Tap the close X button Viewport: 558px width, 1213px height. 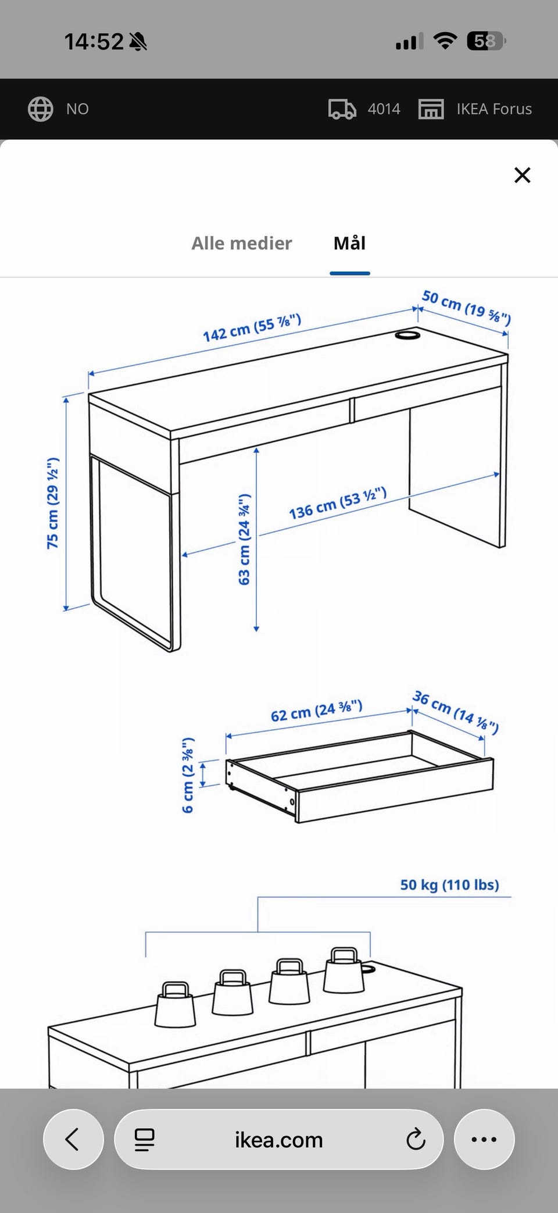coord(523,175)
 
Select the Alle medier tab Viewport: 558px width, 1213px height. coord(242,243)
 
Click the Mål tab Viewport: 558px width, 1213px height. coord(349,242)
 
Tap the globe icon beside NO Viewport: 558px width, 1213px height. coord(41,109)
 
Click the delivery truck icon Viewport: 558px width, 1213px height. coord(342,109)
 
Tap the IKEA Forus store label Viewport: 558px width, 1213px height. coord(494,109)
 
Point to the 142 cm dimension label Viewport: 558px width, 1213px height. coord(252,328)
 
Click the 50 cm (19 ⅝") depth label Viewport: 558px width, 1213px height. coord(466,307)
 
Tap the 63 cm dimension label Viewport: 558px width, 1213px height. coord(244,540)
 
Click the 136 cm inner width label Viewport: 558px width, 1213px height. coord(338,504)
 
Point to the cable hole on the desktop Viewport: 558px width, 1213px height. coord(407,336)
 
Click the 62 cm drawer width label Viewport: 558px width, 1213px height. coord(317,711)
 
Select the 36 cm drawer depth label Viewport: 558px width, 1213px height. coord(456,712)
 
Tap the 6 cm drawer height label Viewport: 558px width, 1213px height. coord(188,775)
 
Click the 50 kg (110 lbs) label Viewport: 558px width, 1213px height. coord(449,885)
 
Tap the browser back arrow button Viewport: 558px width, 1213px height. coord(73,1139)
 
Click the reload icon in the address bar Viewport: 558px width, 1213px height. coord(416,1139)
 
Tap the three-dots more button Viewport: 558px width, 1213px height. coord(484,1139)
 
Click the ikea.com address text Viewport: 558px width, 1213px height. coord(279,1140)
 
